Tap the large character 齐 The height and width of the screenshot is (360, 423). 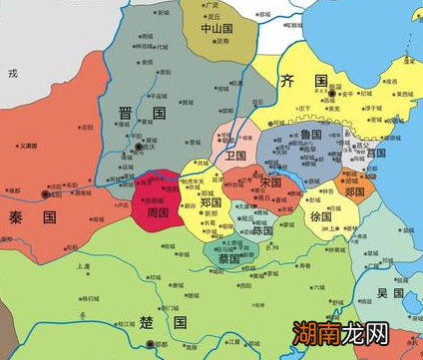(289, 81)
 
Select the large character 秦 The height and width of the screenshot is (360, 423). (16, 215)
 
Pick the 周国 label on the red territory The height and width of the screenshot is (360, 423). (159, 212)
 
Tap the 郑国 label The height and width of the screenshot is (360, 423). (210, 203)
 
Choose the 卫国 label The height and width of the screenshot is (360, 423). (236, 157)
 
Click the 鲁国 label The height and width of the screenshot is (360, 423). (310, 134)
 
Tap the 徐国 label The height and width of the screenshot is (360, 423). (319, 216)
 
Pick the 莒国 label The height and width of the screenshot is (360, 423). (376, 154)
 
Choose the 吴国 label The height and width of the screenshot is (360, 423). (389, 294)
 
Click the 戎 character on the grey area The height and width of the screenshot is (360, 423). (13, 73)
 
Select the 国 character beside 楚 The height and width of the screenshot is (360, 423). (180, 323)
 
